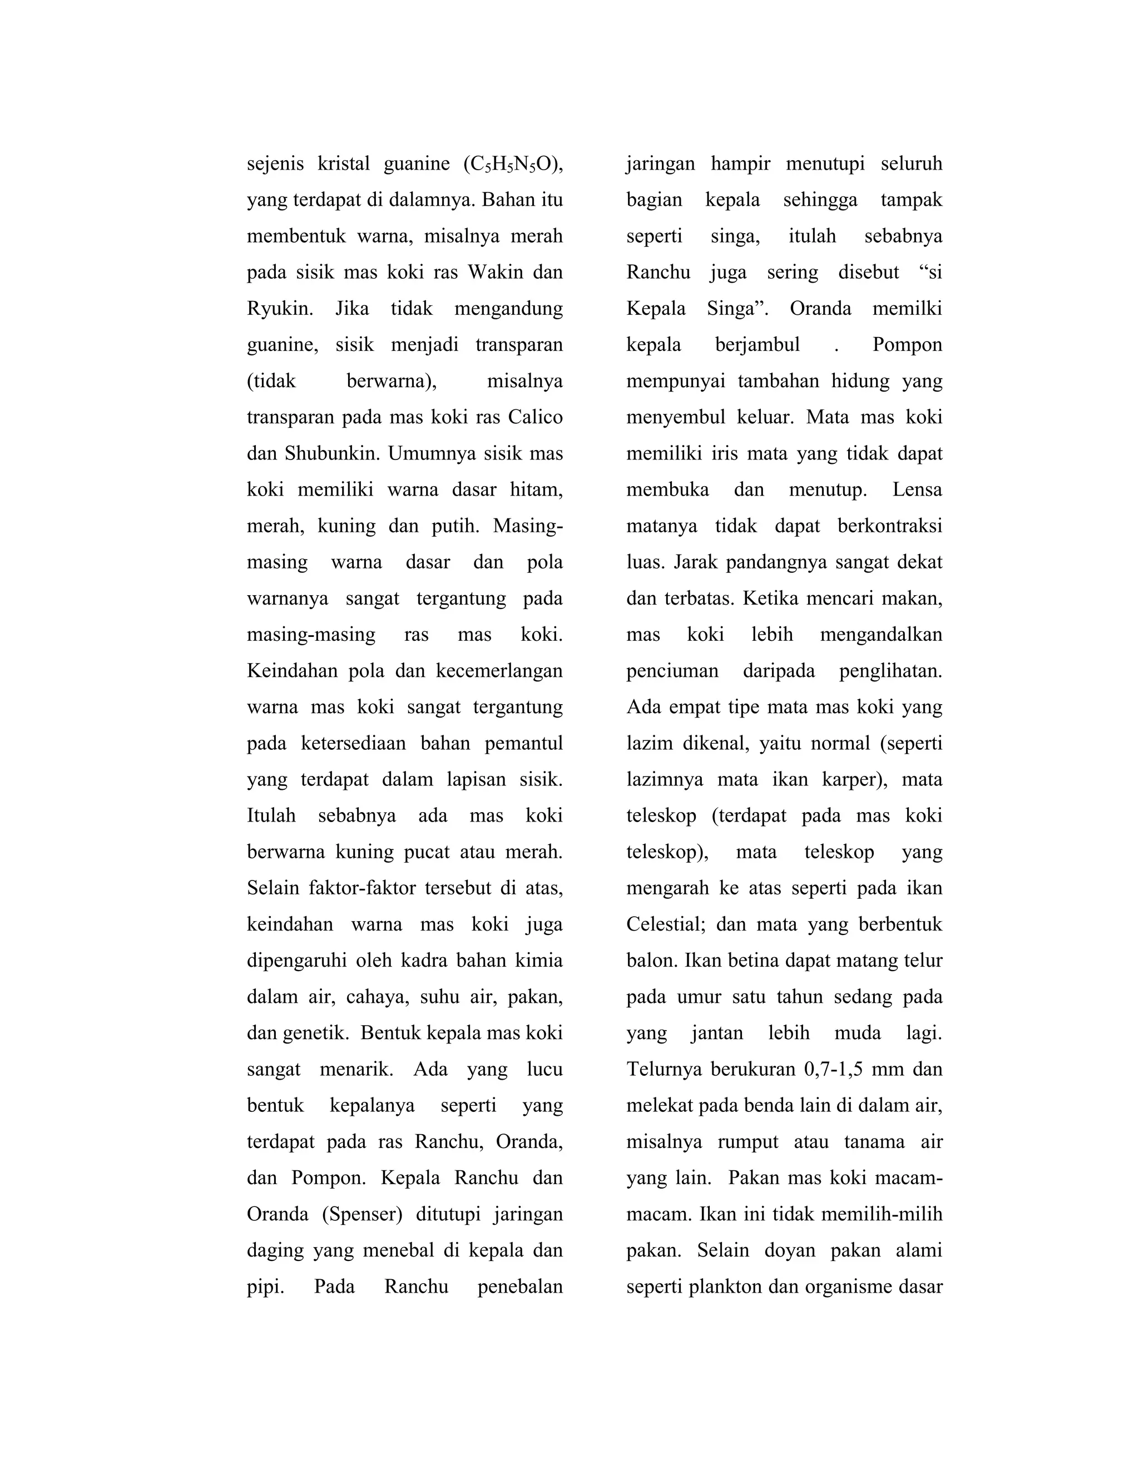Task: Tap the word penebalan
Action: (x=519, y=1287)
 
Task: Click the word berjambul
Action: (x=757, y=345)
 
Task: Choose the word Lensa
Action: (x=917, y=489)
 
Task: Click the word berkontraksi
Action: (x=889, y=526)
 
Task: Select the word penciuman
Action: (x=672, y=671)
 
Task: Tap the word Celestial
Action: (x=665, y=924)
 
